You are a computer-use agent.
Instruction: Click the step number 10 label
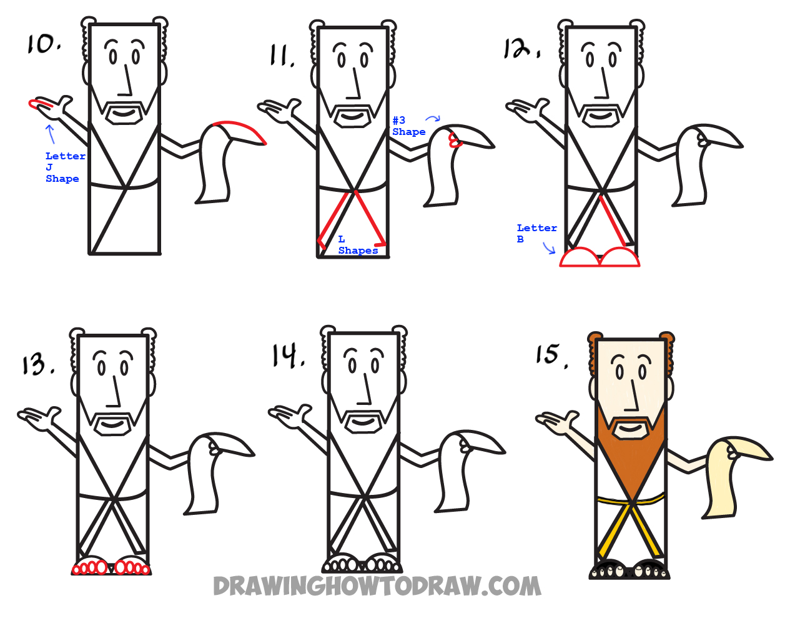pos(43,44)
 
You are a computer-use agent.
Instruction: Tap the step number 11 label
pos(282,56)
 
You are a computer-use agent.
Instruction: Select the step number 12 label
pos(521,48)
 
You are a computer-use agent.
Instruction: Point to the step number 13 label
pos(37,364)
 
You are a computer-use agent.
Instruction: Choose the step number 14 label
pos(287,356)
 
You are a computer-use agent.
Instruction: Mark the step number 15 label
pos(551,354)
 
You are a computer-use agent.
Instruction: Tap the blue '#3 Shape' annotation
pos(408,126)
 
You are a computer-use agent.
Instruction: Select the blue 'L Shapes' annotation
pos(357,245)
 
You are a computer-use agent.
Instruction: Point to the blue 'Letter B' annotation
pos(536,233)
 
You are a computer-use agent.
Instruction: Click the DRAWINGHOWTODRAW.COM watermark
pos(377,586)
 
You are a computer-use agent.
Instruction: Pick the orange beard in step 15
pos(631,462)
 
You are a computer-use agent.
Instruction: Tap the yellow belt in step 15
pos(631,500)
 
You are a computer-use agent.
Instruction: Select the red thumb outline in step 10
pos(37,104)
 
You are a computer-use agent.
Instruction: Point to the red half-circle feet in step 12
pos(600,258)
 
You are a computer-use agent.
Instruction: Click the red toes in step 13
pos(111,568)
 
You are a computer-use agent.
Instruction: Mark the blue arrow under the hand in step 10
pos(51,133)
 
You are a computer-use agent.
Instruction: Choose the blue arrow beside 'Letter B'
pos(549,249)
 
